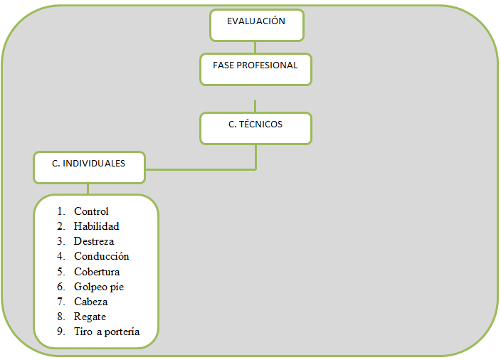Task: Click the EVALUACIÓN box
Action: [x=256, y=25]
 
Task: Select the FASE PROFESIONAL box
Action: [x=255, y=69]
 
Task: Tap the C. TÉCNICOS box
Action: [x=255, y=128]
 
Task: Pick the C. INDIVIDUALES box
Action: [x=89, y=167]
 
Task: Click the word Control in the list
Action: [x=91, y=211]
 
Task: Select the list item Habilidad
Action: [x=96, y=226]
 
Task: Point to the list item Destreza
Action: [x=93, y=241]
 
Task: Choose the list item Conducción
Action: [x=101, y=256]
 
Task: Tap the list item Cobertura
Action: [x=97, y=272]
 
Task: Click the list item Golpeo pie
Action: [x=99, y=287]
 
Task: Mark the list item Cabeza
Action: [x=90, y=302]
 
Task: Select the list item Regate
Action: [x=90, y=317]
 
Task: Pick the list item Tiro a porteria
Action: [x=107, y=332]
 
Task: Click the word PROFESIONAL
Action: [x=268, y=65]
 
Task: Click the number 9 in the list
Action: [x=60, y=332]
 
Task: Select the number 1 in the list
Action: [x=60, y=211]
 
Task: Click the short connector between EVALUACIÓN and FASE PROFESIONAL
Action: [x=256, y=47]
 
